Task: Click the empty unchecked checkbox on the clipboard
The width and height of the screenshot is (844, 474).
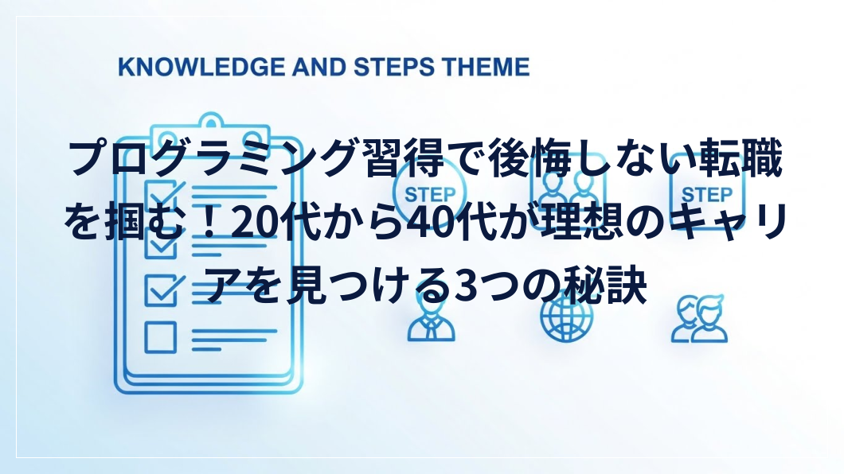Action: click(x=160, y=337)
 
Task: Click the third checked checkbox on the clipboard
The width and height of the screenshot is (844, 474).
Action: click(x=163, y=289)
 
